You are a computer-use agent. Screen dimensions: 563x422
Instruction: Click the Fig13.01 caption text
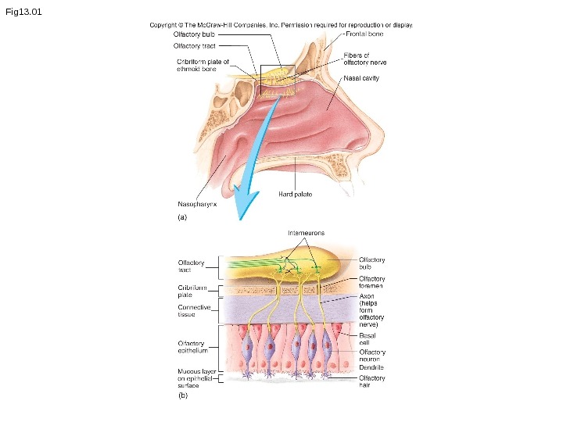tap(23, 12)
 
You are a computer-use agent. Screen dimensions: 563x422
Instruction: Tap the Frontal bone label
tap(364, 34)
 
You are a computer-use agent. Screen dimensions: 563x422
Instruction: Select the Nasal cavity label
tap(361, 78)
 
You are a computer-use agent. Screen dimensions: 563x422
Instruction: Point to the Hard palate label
tap(295, 194)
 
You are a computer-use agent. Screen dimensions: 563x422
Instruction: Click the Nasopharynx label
tap(196, 204)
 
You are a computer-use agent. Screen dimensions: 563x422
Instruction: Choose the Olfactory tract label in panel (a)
tap(194, 46)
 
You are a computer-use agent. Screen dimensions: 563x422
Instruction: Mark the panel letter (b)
tap(183, 395)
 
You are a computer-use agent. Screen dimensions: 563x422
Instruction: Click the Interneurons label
tap(305, 233)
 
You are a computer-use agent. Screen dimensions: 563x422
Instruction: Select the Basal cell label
tap(368, 338)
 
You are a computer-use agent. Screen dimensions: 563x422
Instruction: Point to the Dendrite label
tap(371, 367)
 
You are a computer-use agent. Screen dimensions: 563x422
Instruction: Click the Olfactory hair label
tap(371, 381)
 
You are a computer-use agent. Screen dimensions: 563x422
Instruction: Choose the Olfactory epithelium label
tap(192, 347)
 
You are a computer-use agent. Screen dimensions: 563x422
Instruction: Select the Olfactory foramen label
tap(372, 283)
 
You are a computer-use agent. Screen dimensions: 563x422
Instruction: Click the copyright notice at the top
tap(281, 25)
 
